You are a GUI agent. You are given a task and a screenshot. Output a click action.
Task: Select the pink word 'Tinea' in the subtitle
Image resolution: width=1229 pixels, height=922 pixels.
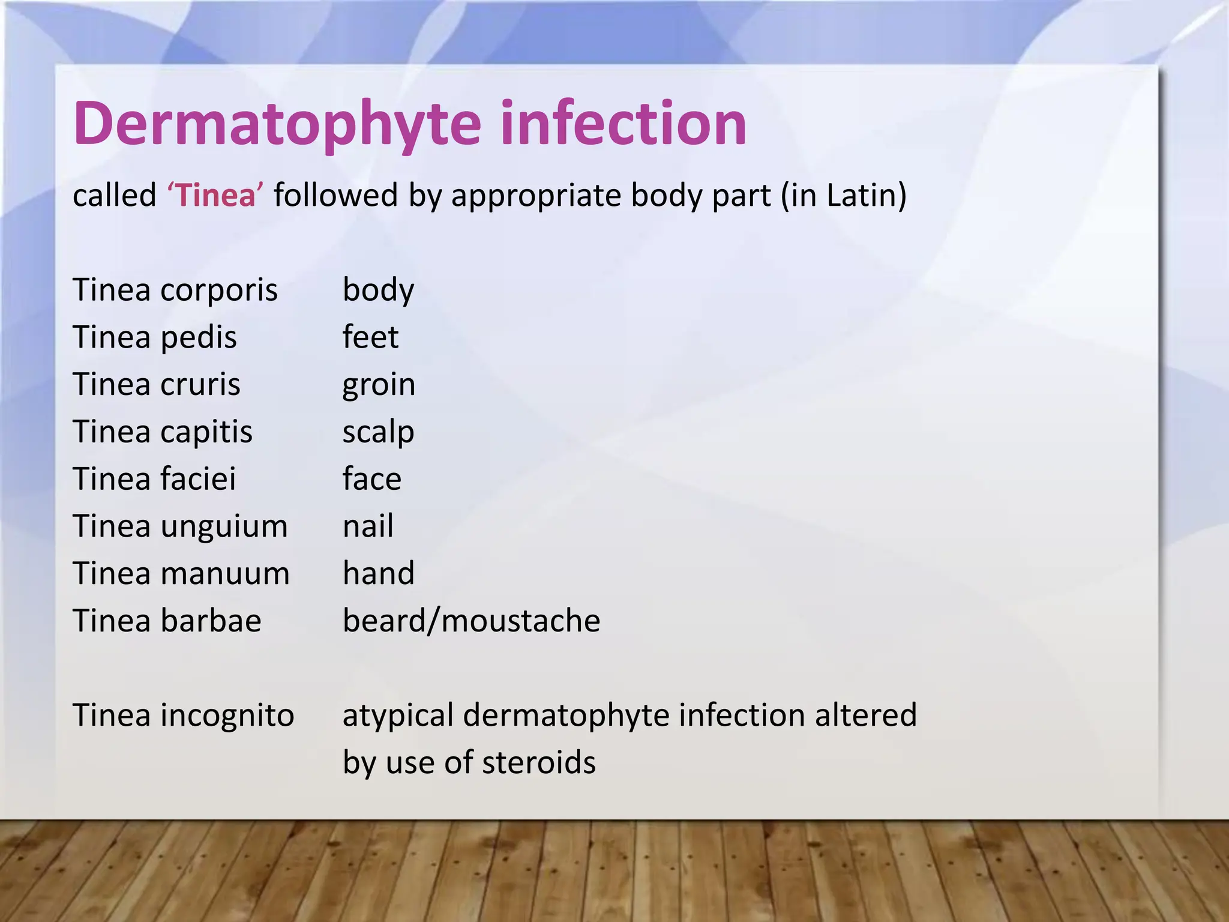[215, 196]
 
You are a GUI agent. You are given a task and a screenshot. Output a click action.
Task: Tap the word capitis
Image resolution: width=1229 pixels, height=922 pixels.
[206, 432]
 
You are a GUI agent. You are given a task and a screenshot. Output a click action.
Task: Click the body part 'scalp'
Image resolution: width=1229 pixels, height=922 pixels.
[378, 432]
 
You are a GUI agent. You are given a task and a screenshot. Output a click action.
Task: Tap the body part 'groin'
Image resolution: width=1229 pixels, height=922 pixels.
[379, 385]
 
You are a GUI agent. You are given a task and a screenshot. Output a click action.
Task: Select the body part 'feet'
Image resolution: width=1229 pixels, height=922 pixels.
[370, 337]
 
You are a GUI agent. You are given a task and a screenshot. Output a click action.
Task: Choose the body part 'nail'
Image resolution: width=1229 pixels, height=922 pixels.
[368, 526]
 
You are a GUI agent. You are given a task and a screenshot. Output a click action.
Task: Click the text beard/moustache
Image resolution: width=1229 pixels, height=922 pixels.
[471, 621]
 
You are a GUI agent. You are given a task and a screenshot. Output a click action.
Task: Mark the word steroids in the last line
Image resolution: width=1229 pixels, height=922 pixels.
[538, 762]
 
